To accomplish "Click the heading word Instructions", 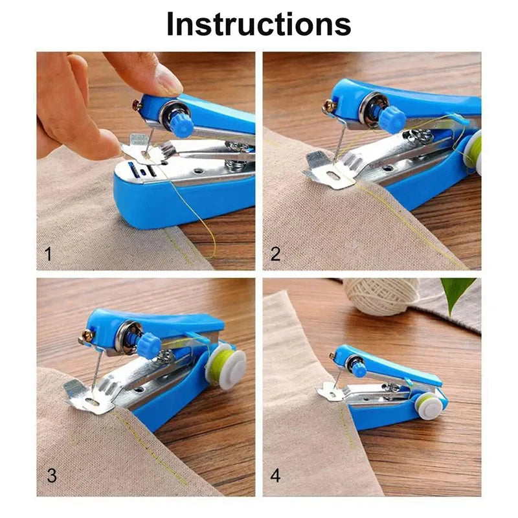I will point(259,24).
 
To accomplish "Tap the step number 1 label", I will point(48,254).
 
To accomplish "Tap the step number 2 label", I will point(275,254).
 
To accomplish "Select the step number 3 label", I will point(52,475).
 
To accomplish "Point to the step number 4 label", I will point(275,475).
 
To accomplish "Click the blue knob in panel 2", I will point(392,118).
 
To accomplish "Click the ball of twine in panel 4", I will point(381,296).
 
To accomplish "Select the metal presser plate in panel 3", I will point(91,397).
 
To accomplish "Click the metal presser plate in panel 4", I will point(330,391).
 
